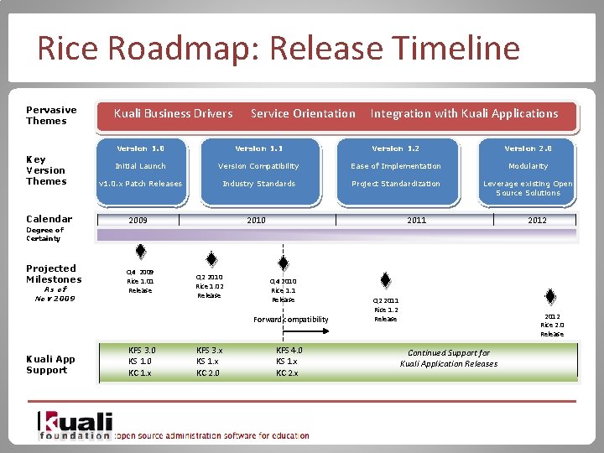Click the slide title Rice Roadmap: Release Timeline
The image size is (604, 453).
point(278,49)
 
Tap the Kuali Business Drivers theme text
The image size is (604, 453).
point(173,113)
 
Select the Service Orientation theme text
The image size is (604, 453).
point(303,113)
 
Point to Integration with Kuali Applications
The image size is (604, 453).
point(464,113)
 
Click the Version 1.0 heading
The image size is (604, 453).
point(140,148)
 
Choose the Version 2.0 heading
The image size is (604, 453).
point(528,148)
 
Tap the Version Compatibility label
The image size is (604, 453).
point(258,166)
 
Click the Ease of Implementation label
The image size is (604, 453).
point(395,166)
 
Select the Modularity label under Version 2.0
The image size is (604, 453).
point(528,166)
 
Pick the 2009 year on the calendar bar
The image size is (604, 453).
point(138,221)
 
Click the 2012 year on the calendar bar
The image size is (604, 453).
point(537,221)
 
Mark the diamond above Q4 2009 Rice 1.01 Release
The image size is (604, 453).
point(141,251)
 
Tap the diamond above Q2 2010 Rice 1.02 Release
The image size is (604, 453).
point(211,260)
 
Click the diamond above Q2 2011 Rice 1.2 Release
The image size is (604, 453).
point(385,280)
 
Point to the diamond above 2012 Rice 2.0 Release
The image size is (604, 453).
point(550,297)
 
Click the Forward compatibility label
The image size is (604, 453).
point(291,320)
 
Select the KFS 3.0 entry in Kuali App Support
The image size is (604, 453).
point(142,350)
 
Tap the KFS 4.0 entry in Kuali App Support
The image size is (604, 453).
point(289,350)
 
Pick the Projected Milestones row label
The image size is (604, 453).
point(54,274)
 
